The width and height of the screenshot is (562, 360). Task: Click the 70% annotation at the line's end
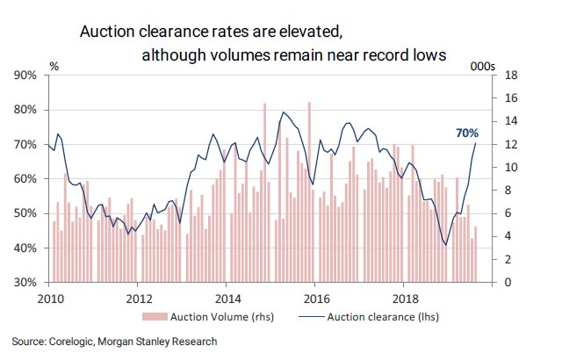click(x=466, y=133)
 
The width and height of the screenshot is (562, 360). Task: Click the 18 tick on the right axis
click(x=501, y=76)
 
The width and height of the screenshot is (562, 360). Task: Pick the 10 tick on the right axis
click(x=501, y=168)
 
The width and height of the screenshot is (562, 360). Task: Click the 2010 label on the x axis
click(x=48, y=299)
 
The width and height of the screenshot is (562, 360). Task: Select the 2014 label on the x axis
click(x=227, y=299)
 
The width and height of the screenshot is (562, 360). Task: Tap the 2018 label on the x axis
click(x=404, y=299)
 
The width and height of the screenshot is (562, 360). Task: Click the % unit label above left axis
click(x=54, y=66)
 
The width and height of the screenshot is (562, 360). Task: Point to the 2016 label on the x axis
click(x=315, y=299)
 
